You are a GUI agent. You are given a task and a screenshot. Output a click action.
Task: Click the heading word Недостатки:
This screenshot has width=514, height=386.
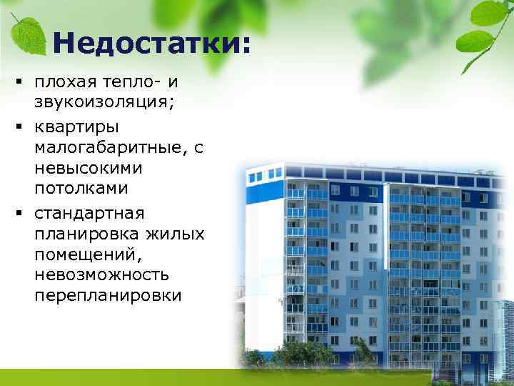[x=151, y=44]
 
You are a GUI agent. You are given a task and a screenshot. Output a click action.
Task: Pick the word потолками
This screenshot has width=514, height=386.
[x=81, y=191]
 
